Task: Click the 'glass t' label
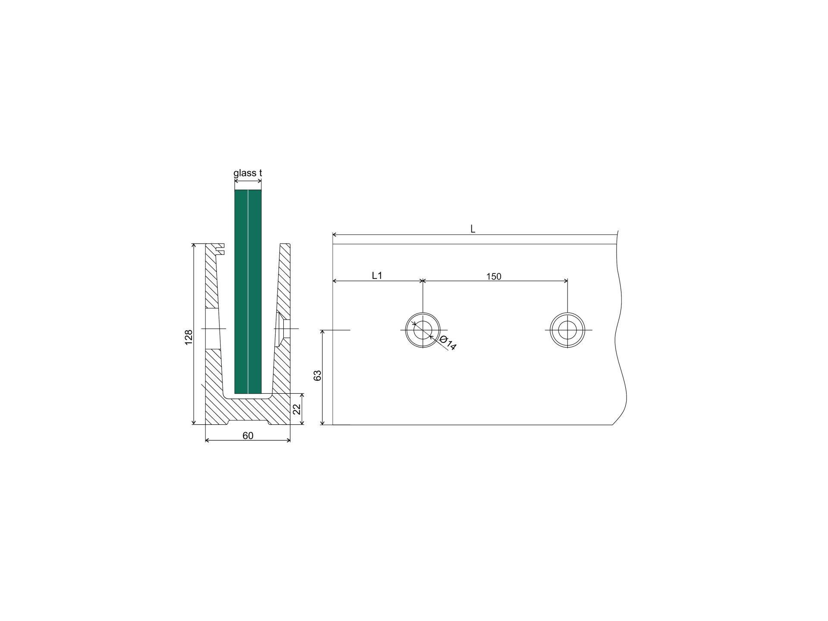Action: (x=248, y=173)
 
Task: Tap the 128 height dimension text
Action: (x=189, y=337)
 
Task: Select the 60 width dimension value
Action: (x=248, y=436)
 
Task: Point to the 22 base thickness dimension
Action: (x=297, y=409)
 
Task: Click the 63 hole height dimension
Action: (x=318, y=375)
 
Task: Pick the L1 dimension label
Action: (x=377, y=275)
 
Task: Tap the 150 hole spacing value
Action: (x=494, y=276)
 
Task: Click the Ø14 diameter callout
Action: (x=448, y=342)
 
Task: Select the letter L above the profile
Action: (x=473, y=229)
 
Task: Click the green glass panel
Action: (x=248, y=292)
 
